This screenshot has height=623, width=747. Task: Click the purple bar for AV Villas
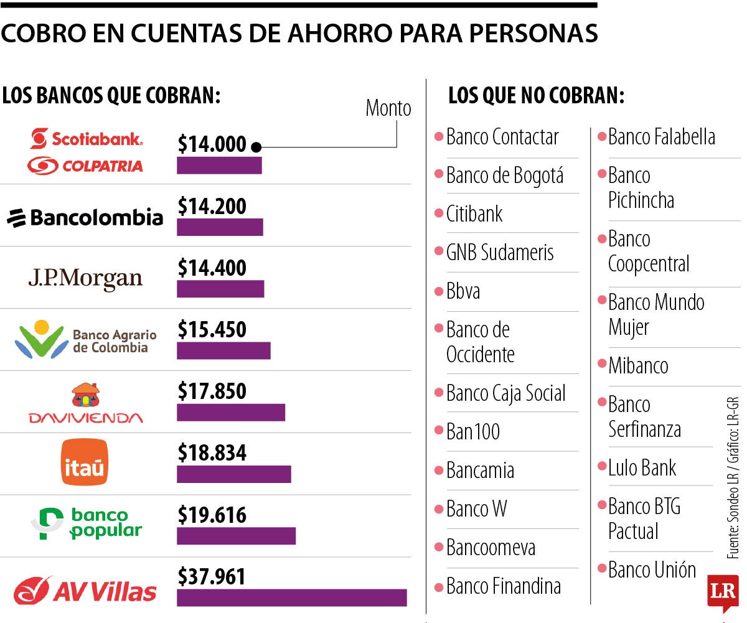pyautogui.click(x=291, y=597)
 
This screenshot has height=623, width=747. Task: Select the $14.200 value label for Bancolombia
pyautogui.click(x=212, y=206)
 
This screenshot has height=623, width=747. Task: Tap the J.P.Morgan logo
pyautogui.click(x=85, y=279)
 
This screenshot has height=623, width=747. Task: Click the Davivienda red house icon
pyautogui.click(x=86, y=395)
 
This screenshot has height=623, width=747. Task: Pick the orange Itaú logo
pyautogui.click(x=85, y=462)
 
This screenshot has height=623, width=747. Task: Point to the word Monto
pyautogui.click(x=388, y=108)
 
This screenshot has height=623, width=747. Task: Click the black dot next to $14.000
pyautogui.click(x=256, y=147)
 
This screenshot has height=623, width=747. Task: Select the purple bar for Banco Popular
pyautogui.click(x=236, y=536)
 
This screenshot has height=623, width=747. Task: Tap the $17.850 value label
pyautogui.click(x=212, y=391)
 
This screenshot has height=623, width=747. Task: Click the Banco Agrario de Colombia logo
pyautogui.click(x=85, y=339)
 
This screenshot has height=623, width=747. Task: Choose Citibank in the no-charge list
pyautogui.click(x=474, y=214)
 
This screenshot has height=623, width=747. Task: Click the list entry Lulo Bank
pyautogui.click(x=642, y=468)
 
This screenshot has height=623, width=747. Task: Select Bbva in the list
pyautogui.click(x=463, y=291)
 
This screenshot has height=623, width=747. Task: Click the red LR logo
pyautogui.click(x=722, y=593)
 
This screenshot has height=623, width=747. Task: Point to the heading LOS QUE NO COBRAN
pyautogui.click(x=536, y=96)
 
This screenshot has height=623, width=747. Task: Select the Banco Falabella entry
pyautogui.click(x=661, y=137)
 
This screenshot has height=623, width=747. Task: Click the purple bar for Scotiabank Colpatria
pyautogui.click(x=219, y=166)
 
